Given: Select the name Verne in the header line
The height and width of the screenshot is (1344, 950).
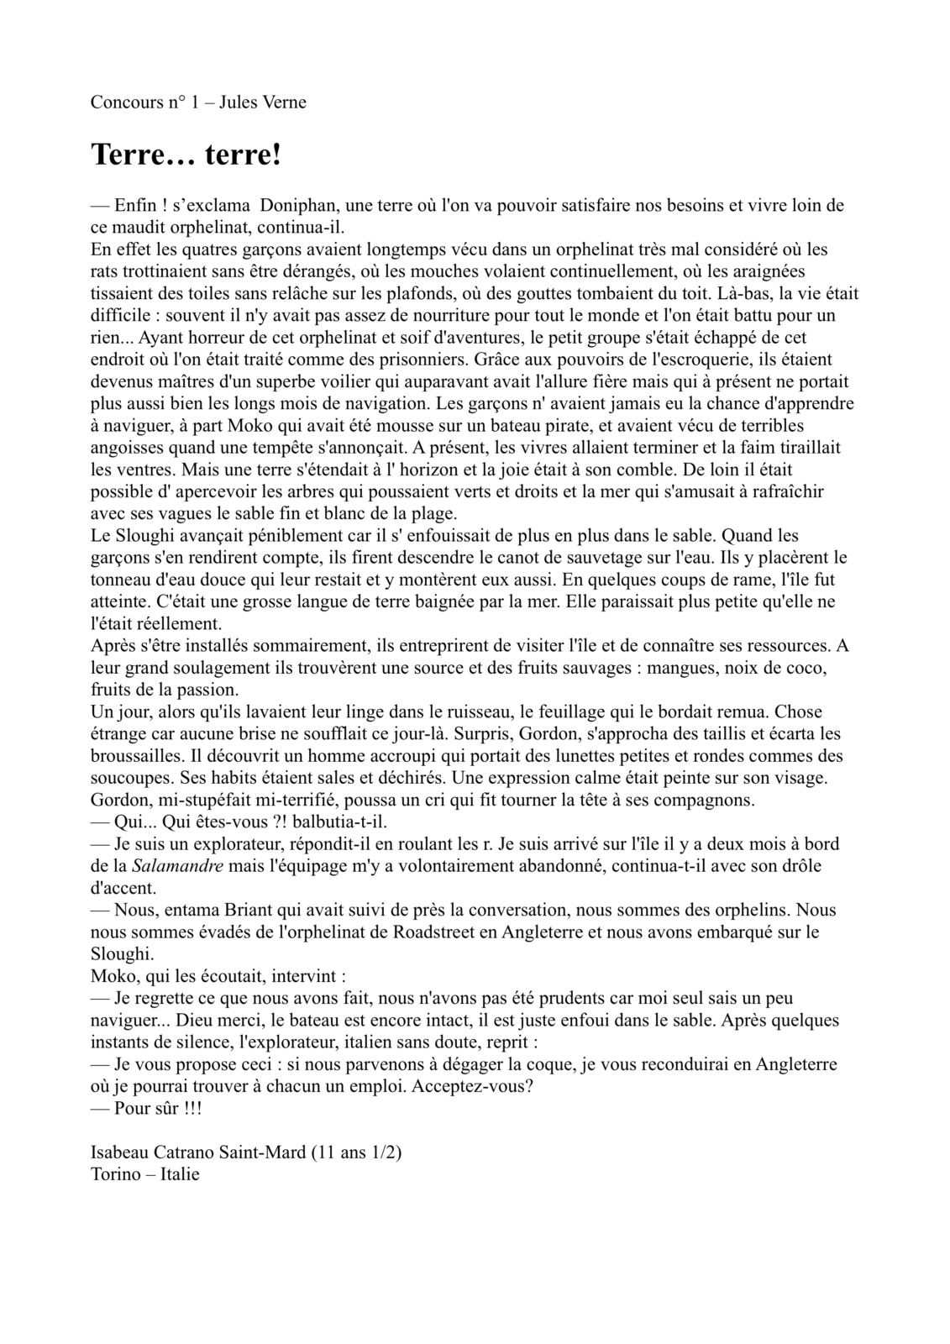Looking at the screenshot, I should [x=284, y=102].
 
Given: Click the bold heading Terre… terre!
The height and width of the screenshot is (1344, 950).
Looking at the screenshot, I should [x=186, y=155].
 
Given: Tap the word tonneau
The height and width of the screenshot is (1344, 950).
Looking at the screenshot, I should [x=119, y=580].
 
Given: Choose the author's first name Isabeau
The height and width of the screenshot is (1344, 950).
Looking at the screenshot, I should [x=118, y=1152].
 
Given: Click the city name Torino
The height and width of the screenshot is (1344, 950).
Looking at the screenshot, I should [x=113, y=1174].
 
